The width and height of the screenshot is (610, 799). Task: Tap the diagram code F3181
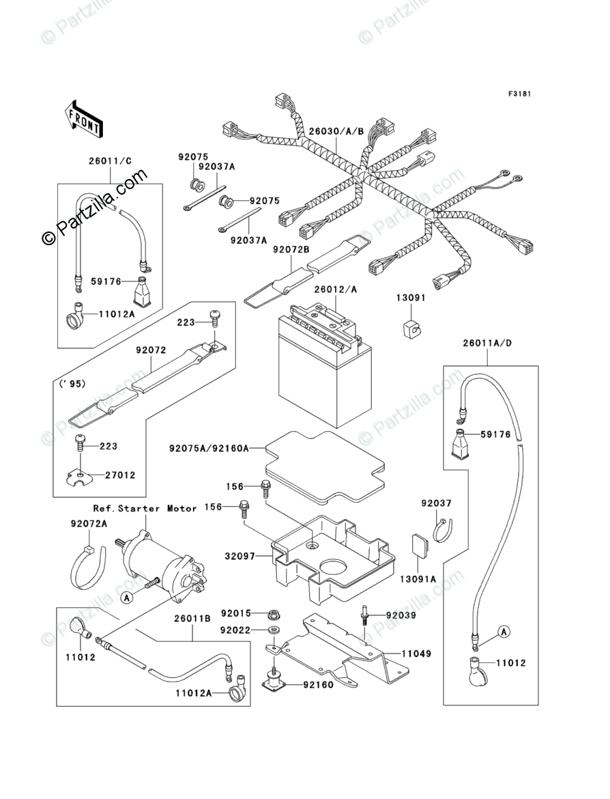(519, 94)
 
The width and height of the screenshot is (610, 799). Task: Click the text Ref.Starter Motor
(145, 508)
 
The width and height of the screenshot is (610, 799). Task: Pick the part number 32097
(239, 557)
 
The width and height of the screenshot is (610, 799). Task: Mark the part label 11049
(416, 654)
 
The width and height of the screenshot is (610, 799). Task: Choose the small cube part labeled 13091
(411, 327)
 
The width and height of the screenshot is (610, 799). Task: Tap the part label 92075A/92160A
(207, 449)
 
